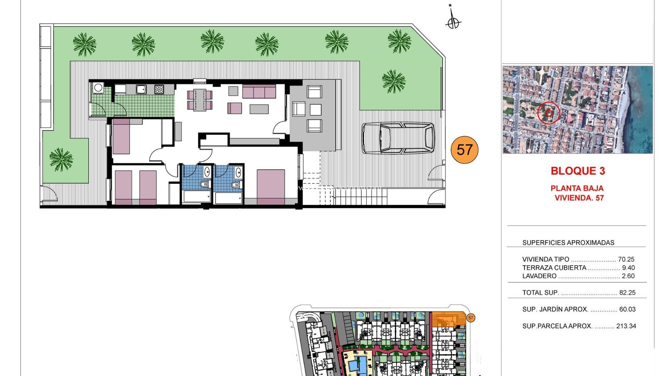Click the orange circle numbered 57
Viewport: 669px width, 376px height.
[x=464, y=150]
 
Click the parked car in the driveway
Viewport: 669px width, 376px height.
[x=398, y=138]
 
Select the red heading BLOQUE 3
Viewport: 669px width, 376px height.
[x=578, y=171]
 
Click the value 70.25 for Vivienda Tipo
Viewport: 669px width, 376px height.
[x=626, y=259]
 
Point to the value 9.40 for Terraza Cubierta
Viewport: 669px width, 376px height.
[x=629, y=268]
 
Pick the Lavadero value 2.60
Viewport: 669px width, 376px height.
[x=628, y=276]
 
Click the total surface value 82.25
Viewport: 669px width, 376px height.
[x=628, y=293]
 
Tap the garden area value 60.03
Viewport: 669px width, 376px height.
[x=628, y=309]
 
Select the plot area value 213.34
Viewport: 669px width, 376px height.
[x=626, y=326]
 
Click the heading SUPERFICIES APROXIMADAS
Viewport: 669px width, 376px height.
[x=568, y=243]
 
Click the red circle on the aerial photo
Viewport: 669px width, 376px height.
[x=548, y=113]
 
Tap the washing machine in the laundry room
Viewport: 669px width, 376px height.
[x=98, y=88]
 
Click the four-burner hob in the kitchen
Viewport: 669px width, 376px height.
[x=159, y=89]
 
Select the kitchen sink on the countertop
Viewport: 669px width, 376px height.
[x=141, y=89]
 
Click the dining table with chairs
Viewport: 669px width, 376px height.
[x=200, y=100]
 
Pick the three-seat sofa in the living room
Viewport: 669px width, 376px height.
[x=259, y=92]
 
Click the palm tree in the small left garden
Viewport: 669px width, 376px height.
[x=61, y=159]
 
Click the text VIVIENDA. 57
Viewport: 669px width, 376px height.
[x=579, y=198]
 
